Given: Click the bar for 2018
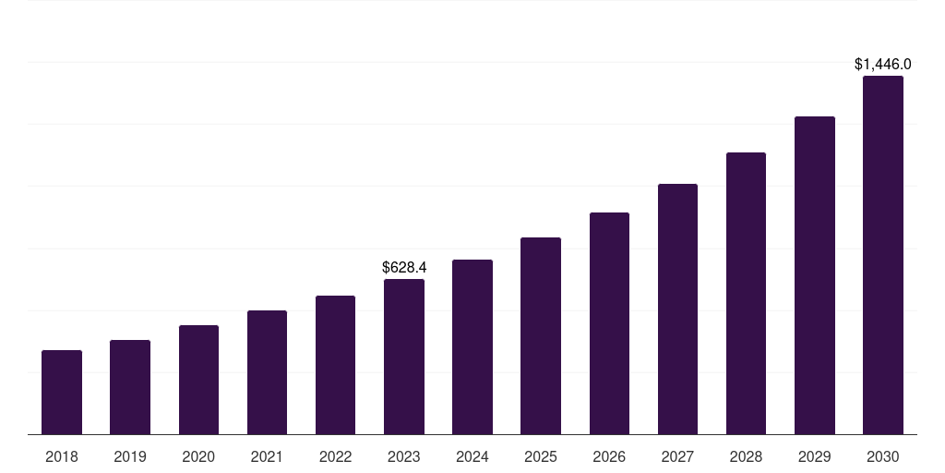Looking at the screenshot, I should click(62, 393).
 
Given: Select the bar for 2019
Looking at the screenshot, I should click(130, 387).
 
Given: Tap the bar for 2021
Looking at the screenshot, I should click(267, 372).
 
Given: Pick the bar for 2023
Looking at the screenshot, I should click(404, 357).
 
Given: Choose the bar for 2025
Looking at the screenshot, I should click(541, 336).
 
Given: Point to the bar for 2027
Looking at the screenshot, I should click(677, 309).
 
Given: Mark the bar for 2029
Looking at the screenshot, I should click(815, 275).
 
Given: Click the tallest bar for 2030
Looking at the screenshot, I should click(883, 255).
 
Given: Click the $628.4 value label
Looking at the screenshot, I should click(404, 267).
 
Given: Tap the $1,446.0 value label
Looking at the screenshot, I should click(883, 64).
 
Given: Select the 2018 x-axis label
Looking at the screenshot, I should click(62, 456).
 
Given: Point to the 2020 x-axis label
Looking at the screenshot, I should click(198, 456).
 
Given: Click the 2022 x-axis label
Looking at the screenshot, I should click(335, 456).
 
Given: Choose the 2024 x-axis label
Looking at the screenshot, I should click(472, 456).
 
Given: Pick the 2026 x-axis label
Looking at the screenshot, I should click(609, 456).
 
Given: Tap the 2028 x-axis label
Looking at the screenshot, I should click(746, 456).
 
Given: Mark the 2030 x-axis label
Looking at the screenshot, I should click(883, 456).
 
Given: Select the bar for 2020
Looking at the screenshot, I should click(198, 380).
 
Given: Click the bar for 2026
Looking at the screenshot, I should click(609, 323).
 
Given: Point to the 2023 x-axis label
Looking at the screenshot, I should click(404, 456).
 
